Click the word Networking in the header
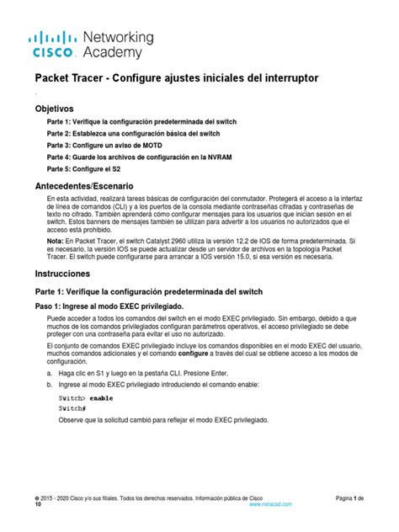tap(119, 38)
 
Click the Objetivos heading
tap(54, 109)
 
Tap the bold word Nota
tap(57, 240)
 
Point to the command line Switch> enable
tap(86, 396)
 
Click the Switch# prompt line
tap(72, 407)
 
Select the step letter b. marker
tap(50, 384)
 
